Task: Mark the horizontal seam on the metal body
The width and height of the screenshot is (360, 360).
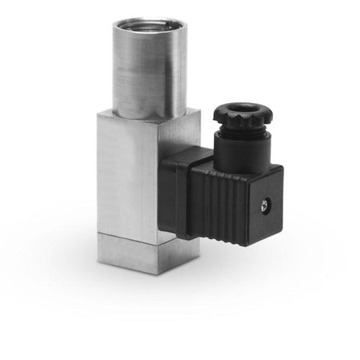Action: [x=137, y=235]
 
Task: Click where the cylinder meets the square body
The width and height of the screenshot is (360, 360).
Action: [x=148, y=118]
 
